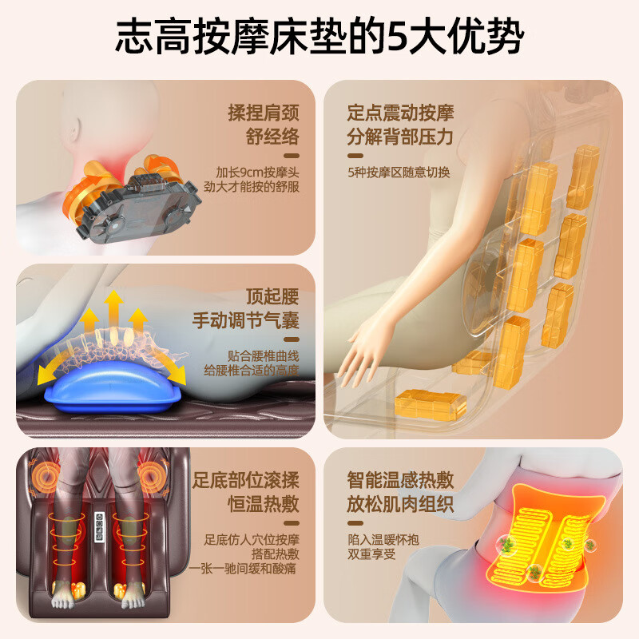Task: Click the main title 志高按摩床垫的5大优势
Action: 319,36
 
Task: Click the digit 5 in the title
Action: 399,37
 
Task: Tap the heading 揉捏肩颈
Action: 264,113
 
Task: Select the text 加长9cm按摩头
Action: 257,172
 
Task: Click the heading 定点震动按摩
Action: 401,113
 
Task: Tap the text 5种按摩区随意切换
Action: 399,173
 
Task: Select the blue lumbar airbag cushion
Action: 113,387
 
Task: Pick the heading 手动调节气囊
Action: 246,320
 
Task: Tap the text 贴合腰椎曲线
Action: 264,355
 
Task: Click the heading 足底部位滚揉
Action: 246,480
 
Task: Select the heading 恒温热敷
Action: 264,504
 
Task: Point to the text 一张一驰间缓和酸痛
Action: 243,568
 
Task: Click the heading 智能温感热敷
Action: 401,480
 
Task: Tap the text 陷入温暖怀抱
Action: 383,540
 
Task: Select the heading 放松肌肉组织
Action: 401,504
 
